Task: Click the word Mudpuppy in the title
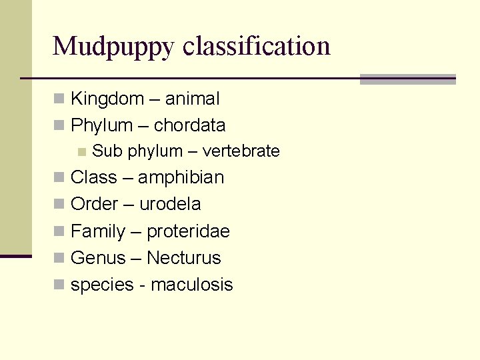pyautogui.click(x=113, y=47)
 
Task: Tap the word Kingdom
pyautogui.click(x=107, y=99)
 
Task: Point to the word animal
pyautogui.click(x=192, y=99)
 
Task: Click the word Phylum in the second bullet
pyautogui.click(x=101, y=125)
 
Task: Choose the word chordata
pyautogui.click(x=189, y=125)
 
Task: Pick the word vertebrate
pyautogui.click(x=241, y=151)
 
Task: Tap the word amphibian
pyautogui.click(x=181, y=178)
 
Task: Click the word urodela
pyautogui.click(x=169, y=204)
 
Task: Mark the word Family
pyautogui.click(x=98, y=231)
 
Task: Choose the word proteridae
pyautogui.click(x=188, y=231)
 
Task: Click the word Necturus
pyautogui.click(x=183, y=258)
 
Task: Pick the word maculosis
pyautogui.click(x=192, y=285)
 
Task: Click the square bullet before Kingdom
pyautogui.click(x=59, y=99)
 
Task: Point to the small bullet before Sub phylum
pyautogui.click(x=81, y=151)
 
